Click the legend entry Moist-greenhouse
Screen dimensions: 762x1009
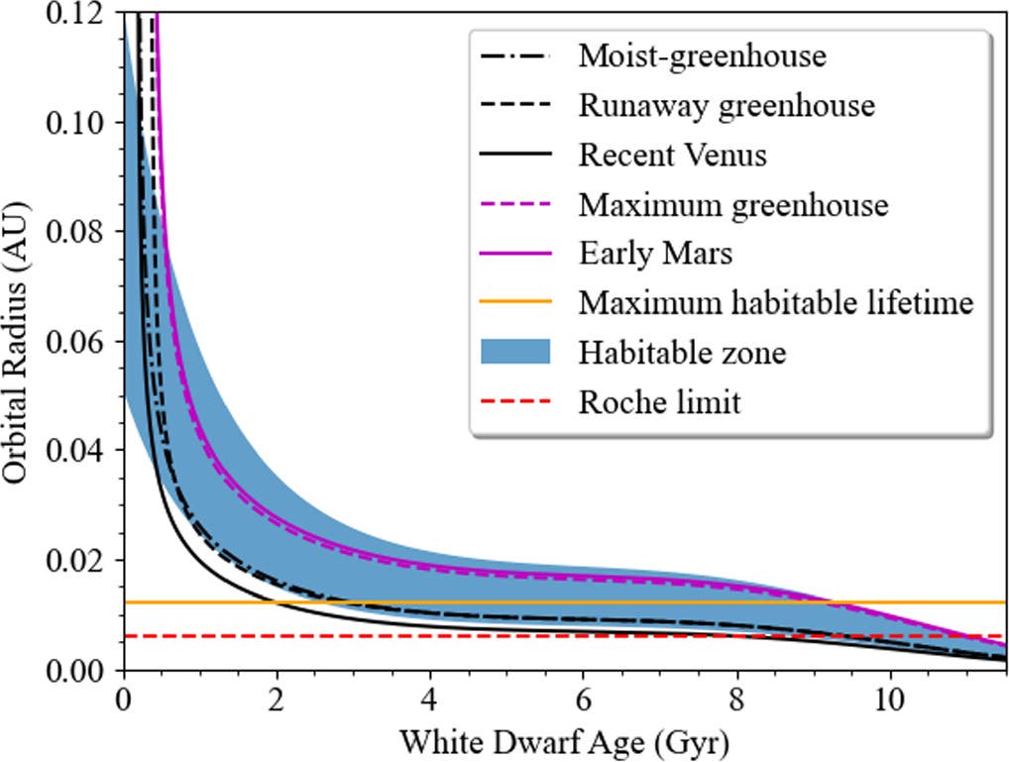point(702,55)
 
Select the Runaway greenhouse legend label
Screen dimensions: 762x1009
point(727,105)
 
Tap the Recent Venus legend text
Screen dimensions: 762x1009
point(672,155)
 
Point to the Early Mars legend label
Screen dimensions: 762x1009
point(655,254)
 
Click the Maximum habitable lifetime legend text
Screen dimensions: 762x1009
point(776,303)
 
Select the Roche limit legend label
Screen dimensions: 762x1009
point(659,402)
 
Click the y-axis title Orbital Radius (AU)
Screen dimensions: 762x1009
point(17,343)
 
